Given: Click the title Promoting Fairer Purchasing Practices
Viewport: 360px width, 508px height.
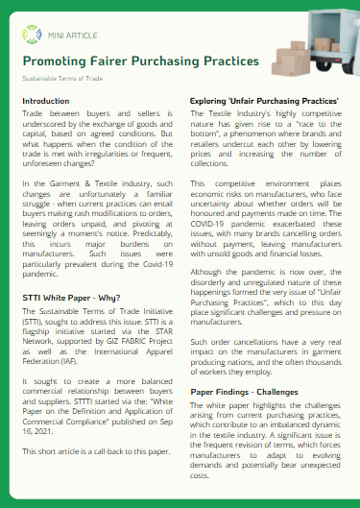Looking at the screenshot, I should [140, 60].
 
